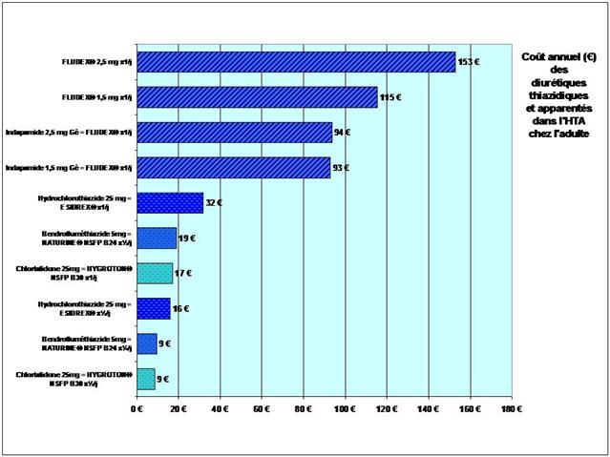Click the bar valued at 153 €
click(296, 62)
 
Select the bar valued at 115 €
click(257, 97)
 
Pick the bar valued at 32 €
click(170, 202)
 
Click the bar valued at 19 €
click(157, 238)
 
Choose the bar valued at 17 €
click(155, 273)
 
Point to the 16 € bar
click(154, 308)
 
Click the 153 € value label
click(469, 62)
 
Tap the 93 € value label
click(342, 168)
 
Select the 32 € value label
click(215, 202)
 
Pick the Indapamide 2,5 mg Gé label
click(69, 133)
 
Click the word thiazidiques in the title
click(558, 96)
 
